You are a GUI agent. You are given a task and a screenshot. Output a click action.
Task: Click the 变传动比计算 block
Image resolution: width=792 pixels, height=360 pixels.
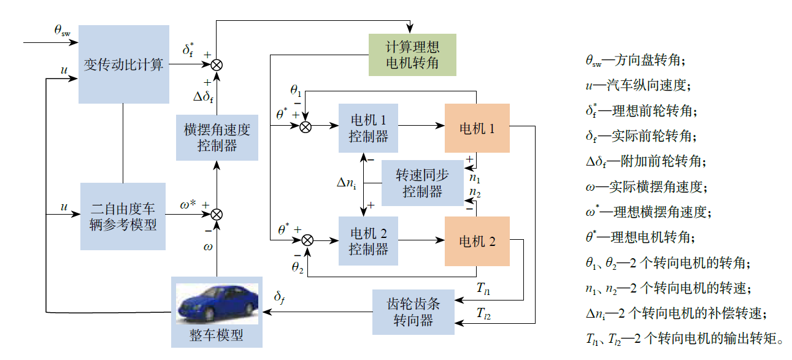click(x=123, y=64)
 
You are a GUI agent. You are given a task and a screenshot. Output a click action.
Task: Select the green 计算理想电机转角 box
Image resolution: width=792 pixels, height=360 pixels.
click(x=412, y=55)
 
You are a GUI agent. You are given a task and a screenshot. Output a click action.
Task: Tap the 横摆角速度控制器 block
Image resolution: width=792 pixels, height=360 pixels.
click(x=217, y=137)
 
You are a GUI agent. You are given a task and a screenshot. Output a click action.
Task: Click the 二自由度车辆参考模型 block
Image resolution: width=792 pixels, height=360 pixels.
click(x=123, y=216)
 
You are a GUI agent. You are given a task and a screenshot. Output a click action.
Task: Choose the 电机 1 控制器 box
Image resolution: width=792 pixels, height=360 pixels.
click(x=369, y=128)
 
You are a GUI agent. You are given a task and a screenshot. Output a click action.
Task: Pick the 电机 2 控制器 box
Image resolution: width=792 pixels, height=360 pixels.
click(x=369, y=240)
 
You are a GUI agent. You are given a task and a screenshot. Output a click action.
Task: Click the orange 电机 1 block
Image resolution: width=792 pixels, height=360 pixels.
click(x=477, y=128)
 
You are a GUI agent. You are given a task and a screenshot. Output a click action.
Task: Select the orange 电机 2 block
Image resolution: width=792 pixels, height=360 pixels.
click(x=477, y=241)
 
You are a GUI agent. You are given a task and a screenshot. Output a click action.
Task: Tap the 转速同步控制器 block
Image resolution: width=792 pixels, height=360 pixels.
click(x=422, y=183)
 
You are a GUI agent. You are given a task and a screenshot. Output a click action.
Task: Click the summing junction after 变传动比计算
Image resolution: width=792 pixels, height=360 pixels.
click(x=217, y=64)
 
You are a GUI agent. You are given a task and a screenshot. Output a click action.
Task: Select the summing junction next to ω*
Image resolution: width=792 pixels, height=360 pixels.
click(x=217, y=214)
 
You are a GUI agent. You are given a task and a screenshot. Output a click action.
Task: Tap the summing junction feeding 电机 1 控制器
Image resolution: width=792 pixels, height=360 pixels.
click(x=306, y=126)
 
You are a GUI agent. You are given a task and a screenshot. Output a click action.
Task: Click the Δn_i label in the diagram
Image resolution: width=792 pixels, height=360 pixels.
click(x=347, y=183)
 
